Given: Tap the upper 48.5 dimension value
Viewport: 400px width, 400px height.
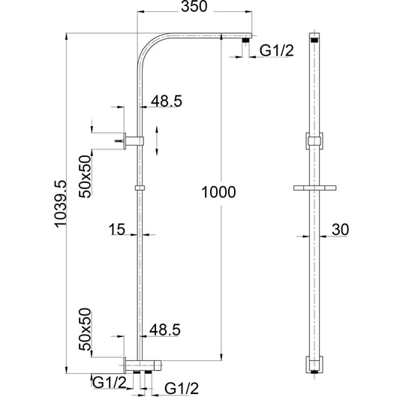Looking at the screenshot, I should click(166, 101).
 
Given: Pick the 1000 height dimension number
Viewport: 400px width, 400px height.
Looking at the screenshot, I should click(218, 192).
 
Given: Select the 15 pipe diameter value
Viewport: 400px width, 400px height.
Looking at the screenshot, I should click(116, 230).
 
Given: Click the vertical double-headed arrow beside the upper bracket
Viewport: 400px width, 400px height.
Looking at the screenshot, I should click(157, 140).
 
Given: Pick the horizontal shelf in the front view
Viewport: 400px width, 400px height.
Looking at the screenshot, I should click(314, 187).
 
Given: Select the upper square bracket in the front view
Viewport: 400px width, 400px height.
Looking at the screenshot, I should click(314, 140).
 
